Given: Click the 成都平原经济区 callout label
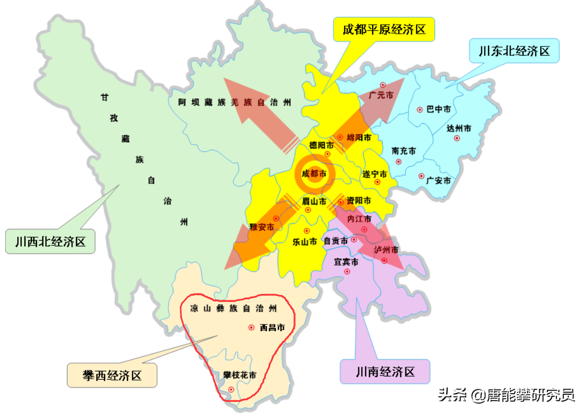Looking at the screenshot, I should (384, 30).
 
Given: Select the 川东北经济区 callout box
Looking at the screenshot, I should (514, 51).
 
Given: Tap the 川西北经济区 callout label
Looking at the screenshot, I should (50, 242).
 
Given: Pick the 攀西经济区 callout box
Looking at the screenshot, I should (112, 375).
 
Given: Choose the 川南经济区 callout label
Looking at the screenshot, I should (385, 372).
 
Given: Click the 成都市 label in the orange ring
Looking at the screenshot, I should (314, 174).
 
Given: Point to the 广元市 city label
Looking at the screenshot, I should (380, 95).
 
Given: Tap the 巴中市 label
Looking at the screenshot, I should (438, 109).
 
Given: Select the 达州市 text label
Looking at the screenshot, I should (458, 128).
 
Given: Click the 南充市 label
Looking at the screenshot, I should (404, 151).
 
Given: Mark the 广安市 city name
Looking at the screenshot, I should (438, 181).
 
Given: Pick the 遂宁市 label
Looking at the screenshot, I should (375, 173).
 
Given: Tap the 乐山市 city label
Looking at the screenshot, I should (304, 242).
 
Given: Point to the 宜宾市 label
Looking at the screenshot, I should (346, 262).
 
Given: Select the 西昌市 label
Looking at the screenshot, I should (272, 328).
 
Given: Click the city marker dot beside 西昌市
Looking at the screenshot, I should (251, 328).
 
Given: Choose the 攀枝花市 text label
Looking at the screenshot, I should (239, 375).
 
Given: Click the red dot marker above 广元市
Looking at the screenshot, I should (382, 85).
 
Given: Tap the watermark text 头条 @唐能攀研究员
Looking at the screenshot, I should (506, 395).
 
